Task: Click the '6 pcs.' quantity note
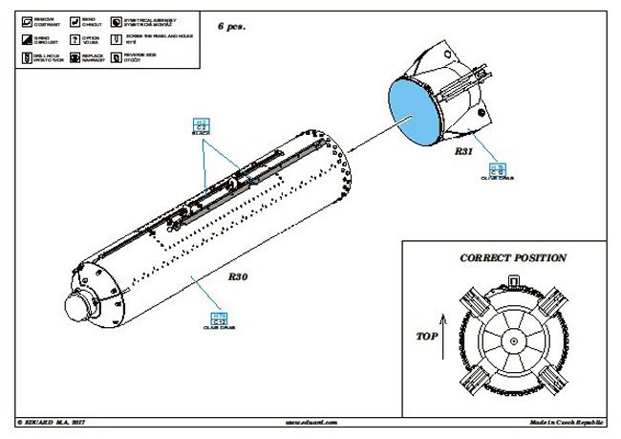[233, 28]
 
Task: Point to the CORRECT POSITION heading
[513, 258]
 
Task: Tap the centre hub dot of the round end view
[513, 340]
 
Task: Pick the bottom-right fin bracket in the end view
[555, 377]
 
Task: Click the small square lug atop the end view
[514, 279]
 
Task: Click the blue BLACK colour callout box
[201, 124]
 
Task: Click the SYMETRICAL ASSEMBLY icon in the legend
[116, 19]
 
